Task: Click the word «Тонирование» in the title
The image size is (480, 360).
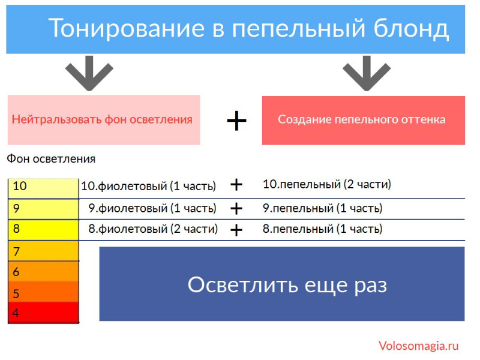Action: point(127,28)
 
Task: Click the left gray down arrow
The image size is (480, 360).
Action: point(89,73)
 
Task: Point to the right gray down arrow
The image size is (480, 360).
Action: point(367,73)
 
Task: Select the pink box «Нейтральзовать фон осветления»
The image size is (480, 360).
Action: point(104,120)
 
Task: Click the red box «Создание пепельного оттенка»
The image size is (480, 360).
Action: point(364,121)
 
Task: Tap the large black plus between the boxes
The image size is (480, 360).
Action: point(236,121)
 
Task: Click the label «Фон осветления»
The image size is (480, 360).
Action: point(51,159)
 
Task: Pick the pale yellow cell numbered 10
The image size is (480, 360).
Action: point(43,188)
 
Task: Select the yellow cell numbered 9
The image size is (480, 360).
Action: point(43,209)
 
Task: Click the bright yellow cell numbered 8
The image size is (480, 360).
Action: point(43,230)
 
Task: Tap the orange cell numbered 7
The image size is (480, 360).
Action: point(43,251)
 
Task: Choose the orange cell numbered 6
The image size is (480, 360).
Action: point(43,271)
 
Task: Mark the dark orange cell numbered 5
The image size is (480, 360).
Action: point(43,292)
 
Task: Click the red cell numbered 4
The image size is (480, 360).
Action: point(43,312)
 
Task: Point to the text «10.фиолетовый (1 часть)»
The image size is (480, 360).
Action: point(148,186)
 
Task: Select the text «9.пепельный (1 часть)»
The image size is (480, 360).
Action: point(323,208)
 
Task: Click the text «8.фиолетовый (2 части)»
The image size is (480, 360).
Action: point(153,229)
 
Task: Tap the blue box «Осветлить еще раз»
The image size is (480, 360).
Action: point(282,284)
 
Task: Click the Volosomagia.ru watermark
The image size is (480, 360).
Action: point(418,346)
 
